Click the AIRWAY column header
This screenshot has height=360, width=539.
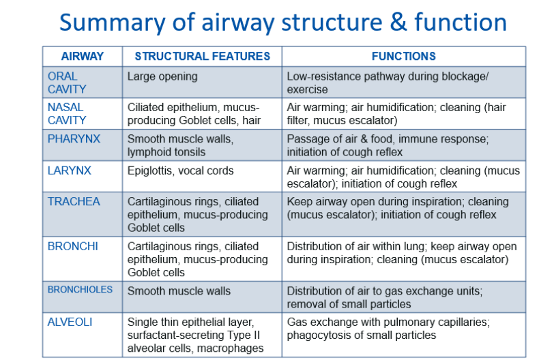[82, 56]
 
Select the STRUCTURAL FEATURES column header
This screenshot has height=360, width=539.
[202, 56]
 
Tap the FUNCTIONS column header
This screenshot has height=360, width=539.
[403, 56]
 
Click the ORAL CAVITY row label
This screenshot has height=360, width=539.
[67, 82]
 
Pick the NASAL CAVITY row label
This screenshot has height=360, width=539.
[67, 114]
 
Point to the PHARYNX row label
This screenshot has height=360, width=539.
[74, 139]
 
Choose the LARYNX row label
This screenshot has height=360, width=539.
[70, 170]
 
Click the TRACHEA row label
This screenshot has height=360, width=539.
[74, 201]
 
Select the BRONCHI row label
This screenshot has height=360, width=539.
[73, 246]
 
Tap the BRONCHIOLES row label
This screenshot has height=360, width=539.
[80, 290]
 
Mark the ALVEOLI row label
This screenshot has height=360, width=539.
[70, 322]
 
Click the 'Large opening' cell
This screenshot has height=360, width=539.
[162, 76]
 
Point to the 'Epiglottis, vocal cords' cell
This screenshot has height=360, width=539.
[181, 171]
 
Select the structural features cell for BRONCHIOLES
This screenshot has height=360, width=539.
[179, 291]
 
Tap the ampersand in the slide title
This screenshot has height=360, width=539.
[398, 22]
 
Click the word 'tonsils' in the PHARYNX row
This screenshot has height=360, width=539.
[188, 152]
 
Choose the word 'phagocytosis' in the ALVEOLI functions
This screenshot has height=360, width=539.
[321, 335]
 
